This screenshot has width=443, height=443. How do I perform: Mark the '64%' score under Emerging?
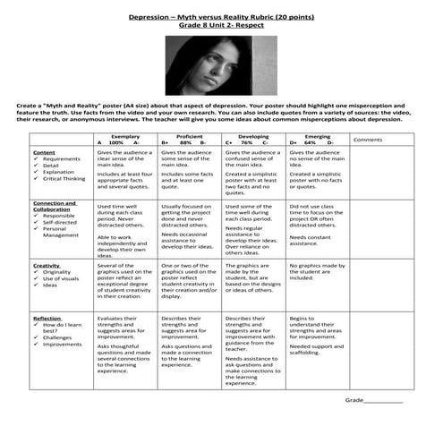[x=310, y=143]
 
